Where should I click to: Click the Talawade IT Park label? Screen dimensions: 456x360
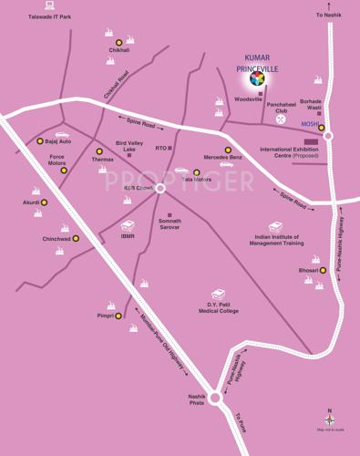click(50, 17)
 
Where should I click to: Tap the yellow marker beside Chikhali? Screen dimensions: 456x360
click(118, 42)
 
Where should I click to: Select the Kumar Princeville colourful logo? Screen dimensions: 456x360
click(257, 79)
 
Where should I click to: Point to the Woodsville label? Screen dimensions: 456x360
click(249, 98)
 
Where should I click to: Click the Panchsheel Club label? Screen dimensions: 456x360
click(282, 108)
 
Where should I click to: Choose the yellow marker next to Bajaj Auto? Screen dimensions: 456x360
click(40, 141)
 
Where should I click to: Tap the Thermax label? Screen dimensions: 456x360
click(103, 160)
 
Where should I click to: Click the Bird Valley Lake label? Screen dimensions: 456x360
click(129, 146)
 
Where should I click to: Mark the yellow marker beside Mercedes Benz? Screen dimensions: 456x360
click(229, 150)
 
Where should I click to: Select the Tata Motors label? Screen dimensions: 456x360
click(197, 180)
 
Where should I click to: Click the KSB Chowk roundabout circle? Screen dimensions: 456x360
click(159, 188)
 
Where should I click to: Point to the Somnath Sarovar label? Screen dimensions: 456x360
click(170, 223)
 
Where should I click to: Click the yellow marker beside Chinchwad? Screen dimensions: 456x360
click(76, 239)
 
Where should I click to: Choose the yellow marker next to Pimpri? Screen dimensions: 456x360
click(118, 316)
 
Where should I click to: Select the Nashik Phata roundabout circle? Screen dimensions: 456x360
click(215, 398)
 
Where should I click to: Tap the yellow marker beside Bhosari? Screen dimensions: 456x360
click(322, 270)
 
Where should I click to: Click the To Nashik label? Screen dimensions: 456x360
click(328, 16)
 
